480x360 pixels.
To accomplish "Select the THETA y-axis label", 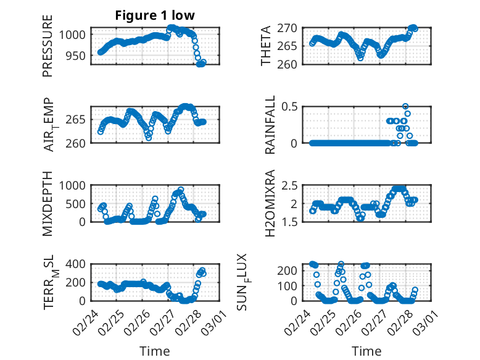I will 266,46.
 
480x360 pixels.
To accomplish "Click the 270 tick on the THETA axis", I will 291,28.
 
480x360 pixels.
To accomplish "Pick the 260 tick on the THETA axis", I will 291,64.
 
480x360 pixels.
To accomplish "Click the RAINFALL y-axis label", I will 270,125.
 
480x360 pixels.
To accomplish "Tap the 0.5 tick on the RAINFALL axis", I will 291,106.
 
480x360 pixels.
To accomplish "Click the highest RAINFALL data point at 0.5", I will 405,106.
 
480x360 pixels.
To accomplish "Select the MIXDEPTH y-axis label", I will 48,203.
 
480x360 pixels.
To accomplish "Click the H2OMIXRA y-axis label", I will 270,203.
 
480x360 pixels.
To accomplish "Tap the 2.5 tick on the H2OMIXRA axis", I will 291,185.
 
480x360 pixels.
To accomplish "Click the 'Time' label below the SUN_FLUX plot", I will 366,351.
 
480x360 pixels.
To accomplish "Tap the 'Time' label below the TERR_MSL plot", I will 155,351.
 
